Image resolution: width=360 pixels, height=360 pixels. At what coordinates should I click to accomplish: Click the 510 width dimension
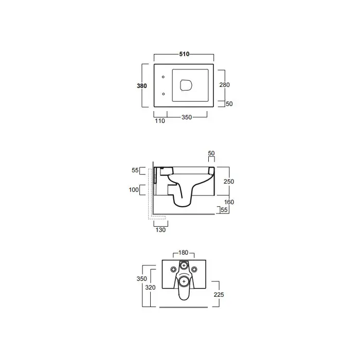(x=184, y=54)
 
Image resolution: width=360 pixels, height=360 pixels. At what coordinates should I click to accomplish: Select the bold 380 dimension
(x=141, y=86)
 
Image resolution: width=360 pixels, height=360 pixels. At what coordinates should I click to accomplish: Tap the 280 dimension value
(x=224, y=85)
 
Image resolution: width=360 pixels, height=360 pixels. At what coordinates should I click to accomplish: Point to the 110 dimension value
(x=160, y=121)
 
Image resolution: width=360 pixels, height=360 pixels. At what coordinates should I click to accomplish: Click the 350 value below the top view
(x=187, y=117)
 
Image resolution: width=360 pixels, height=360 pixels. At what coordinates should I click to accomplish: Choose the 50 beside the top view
(x=229, y=104)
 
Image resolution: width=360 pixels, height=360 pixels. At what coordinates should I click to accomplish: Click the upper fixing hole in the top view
(x=163, y=77)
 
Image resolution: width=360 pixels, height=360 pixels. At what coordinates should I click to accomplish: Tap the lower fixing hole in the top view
(x=163, y=94)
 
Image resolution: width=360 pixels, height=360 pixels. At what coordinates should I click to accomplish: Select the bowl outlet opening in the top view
(x=186, y=85)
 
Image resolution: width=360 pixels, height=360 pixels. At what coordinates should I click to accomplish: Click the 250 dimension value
(x=229, y=182)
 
